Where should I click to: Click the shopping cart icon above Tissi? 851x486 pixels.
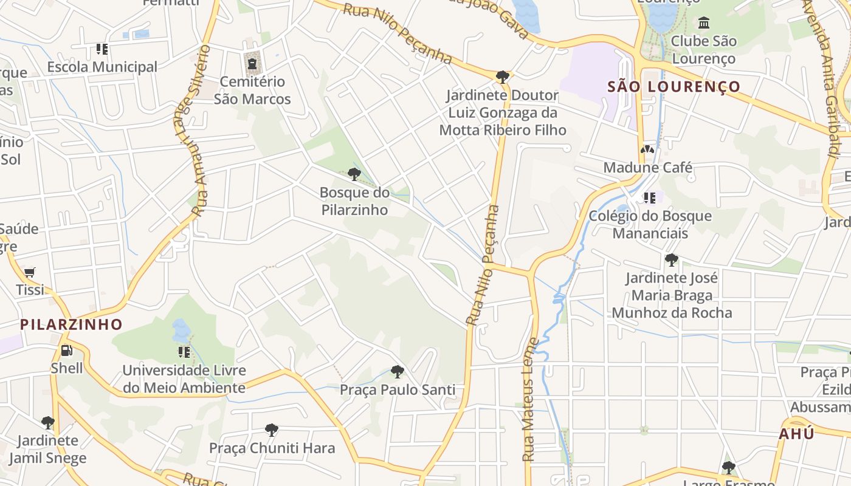point(29,272)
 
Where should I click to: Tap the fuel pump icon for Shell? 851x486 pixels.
point(66,351)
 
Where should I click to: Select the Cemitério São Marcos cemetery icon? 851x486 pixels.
point(252,63)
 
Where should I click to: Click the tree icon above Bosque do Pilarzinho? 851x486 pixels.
point(354,174)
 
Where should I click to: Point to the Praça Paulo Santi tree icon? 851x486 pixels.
point(397,371)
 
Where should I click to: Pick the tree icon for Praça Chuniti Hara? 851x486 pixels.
point(272,430)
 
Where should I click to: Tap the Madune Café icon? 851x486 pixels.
point(647,149)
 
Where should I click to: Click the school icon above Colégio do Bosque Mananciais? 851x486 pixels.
point(649,197)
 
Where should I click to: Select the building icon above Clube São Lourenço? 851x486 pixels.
point(704,23)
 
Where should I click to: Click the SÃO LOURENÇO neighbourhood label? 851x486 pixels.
point(674,87)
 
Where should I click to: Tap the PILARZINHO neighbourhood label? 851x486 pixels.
point(71,324)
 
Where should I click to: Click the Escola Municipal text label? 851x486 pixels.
point(102,67)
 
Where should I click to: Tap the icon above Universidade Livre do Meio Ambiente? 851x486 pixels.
point(184,352)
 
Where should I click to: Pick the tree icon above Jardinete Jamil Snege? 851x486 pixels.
point(47,422)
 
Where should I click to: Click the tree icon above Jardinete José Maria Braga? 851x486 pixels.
point(671,260)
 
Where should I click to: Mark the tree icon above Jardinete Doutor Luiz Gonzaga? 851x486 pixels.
point(502,77)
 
